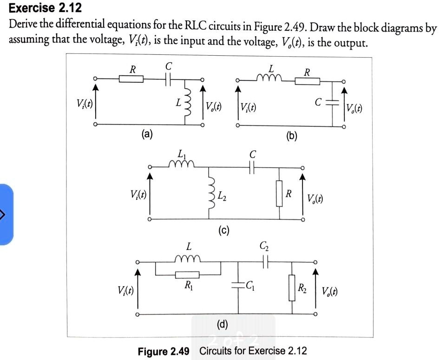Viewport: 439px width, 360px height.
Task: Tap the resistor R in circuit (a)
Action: [x=131, y=79]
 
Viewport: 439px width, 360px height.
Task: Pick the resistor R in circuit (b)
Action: [x=308, y=82]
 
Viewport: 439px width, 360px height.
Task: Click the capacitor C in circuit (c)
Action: [x=252, y=168]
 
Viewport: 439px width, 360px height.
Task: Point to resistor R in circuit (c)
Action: [x=280, y=194]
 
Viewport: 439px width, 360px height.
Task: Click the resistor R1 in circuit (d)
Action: [x=187, y=275]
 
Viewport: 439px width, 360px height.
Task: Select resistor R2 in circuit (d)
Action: [x=292, y=288]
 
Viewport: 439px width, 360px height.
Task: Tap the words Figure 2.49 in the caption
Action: [x=164, y=351]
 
